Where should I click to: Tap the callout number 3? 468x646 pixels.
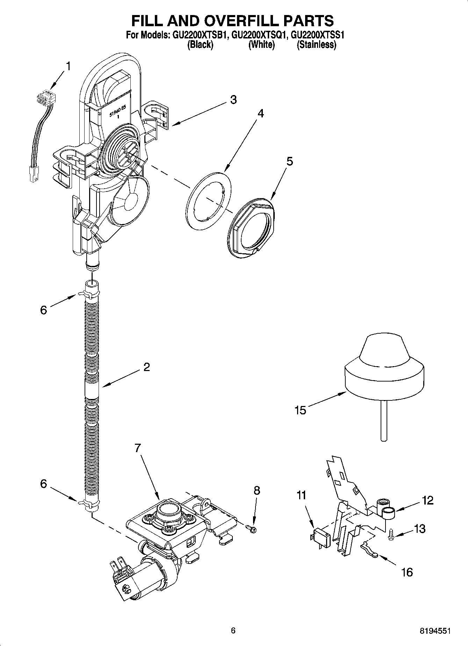click(233, 100)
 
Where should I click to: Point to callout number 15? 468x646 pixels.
click(300, 410)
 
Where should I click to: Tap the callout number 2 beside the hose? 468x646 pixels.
click(146, 367)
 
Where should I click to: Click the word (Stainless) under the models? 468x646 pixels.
click(316, 45)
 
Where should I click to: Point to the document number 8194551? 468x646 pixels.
click(435, 631)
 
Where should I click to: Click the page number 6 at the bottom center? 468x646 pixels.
click(233, 630)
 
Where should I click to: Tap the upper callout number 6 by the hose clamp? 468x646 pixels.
click(43, 310)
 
